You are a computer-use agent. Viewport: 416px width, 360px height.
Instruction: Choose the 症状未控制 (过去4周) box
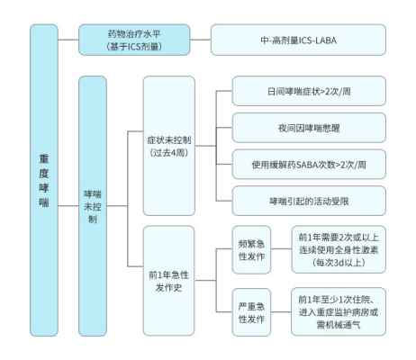point(169,146)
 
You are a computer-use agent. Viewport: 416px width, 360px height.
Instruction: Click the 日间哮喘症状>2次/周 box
point(309,91)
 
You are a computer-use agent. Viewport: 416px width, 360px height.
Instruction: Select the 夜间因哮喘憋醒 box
point(309,127)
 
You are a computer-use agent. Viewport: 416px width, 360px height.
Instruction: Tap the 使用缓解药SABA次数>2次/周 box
point(309,164)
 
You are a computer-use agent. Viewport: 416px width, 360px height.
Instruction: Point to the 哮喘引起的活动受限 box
point(309,200)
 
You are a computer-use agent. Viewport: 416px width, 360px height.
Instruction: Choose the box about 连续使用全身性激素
point(338,248)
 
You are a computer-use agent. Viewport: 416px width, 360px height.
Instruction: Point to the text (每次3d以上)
point(338,262)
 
